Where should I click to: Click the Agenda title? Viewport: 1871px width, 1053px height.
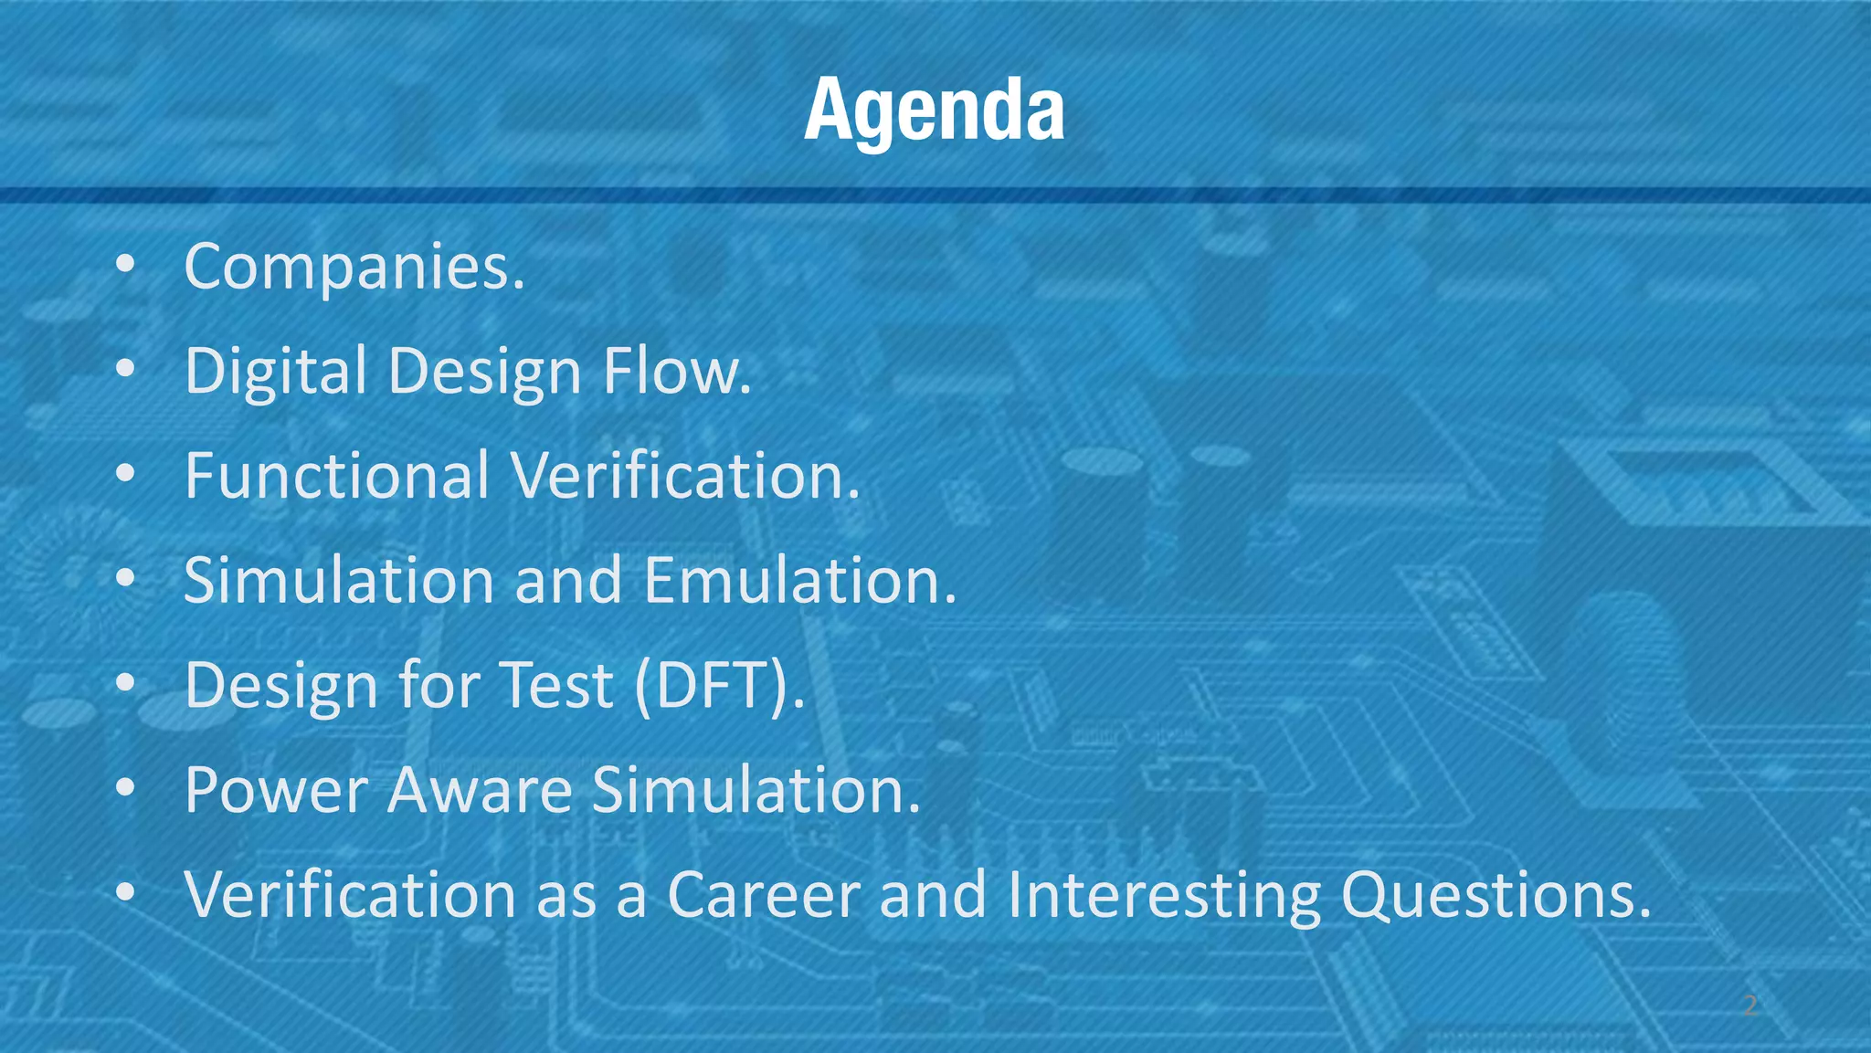(934, 110)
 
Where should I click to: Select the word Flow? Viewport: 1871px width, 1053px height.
(676, 372)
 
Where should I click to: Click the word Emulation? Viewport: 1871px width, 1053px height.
(799, 581)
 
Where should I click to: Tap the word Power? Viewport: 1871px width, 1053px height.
(276, 790)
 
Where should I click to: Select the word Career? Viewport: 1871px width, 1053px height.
(764, 894)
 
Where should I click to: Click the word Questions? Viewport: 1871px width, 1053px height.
(1496, 896)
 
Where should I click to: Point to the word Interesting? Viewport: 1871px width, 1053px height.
(1164, 896)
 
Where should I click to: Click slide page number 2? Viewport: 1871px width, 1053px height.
(1749, 1006)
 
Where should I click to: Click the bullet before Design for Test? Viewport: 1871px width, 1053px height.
(126, 683)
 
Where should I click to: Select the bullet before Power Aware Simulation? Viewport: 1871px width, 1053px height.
(126, 787)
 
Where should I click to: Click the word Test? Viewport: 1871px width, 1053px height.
(558, 685)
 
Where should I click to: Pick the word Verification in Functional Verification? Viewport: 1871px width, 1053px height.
(685, 476)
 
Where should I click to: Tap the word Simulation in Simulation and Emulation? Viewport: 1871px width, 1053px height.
(339, 581)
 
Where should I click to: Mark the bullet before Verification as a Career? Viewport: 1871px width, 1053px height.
(126, 891)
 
